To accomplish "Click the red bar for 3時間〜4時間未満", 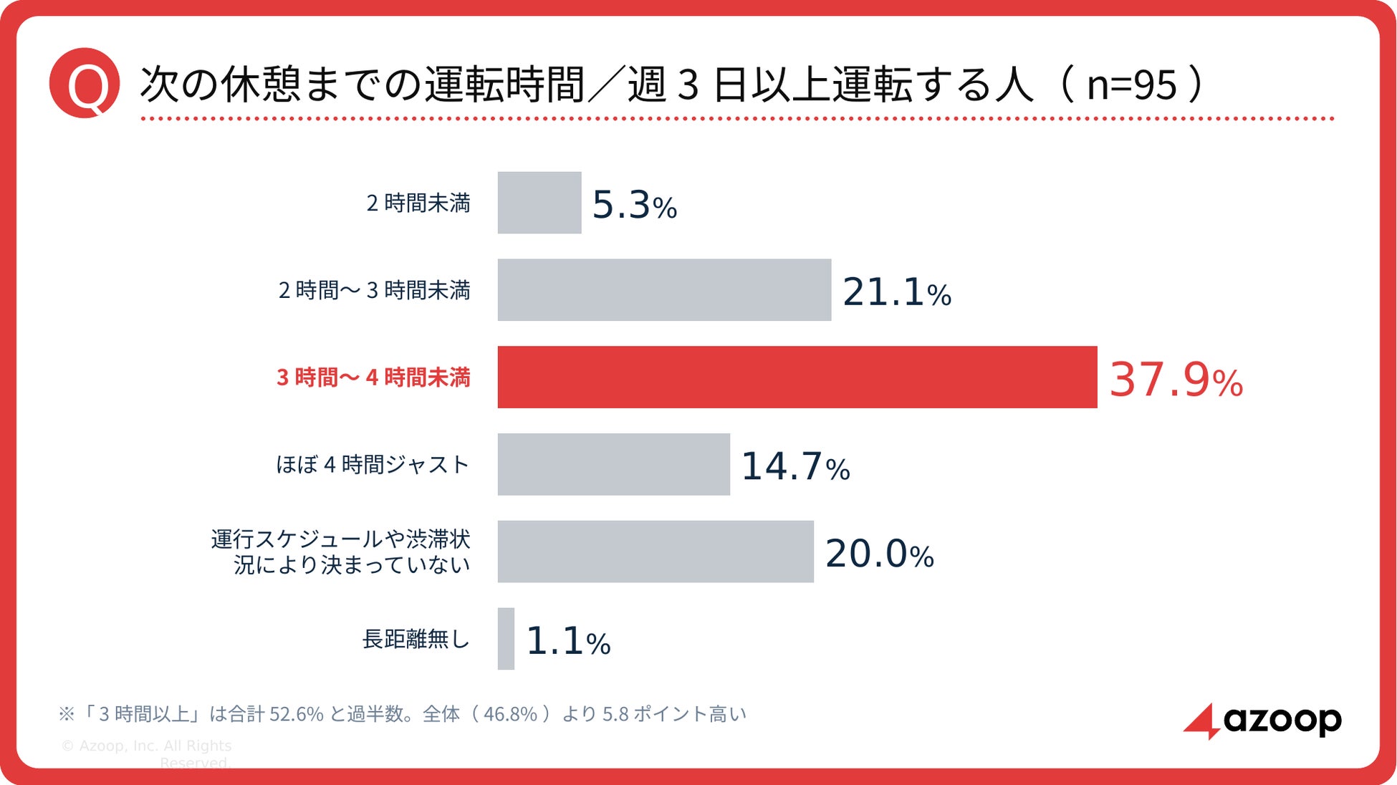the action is pyautogui.click(x=797, y=377).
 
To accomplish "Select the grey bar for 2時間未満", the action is pyautogui.click(x=539, y=203).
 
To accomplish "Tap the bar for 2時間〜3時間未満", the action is pyautogui.click(x=664, y=290).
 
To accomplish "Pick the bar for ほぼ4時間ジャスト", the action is pyautogui.click(x=614, y=464).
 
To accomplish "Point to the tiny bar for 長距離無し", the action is pyautogui.click(x=506, y=639).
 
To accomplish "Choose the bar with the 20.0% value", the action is pyautogui.click(x=656, y=552).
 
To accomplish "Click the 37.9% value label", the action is pyautogui.click(x=1176, y=380).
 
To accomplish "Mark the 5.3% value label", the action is pyautogui.click(x=634, y=205).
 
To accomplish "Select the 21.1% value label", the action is pyautogui.click(x=897, y=292).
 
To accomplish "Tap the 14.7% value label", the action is pyautogui.click(x=795, y=466).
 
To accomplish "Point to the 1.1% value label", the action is pyautogui.click(x=568, y=641).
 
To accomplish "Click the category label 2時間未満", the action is pyautogui.click(x=418, y=203).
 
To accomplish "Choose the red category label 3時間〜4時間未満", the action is pyautogui.click(x=373, y=377).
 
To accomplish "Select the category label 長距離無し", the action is pyautogui.click(x=416, y=639).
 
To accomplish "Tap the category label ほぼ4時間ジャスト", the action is pyautogui.click(x=373, y=465).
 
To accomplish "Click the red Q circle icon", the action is pyautogui.click(x=85, y=83).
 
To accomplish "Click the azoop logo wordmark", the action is pyautogui.click(x=1282, y=720).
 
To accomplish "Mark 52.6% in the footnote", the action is pyautogui.click(x=296, y=714).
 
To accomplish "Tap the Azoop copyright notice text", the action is pyautogui.click(x=146, y=754).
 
